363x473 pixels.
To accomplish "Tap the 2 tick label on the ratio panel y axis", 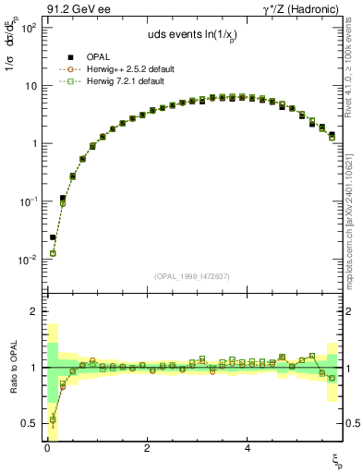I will tap(33, 311).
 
